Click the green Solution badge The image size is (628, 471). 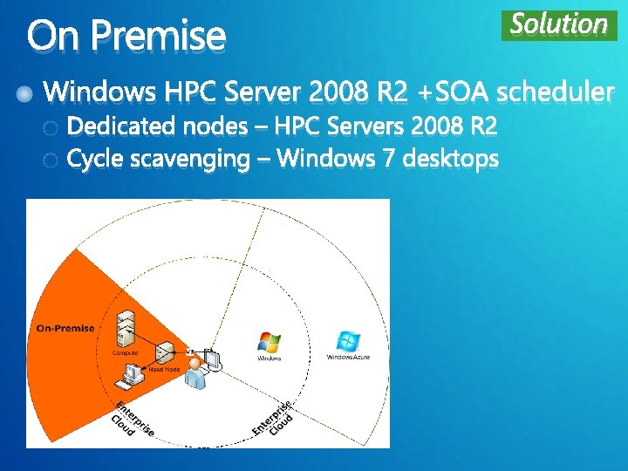[x=559, y=24]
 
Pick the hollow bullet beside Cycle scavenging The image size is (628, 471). [x=51, y=160]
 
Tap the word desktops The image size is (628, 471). [x=454, y=160]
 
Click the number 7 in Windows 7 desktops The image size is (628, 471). [x=389, y=160]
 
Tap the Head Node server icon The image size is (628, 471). [x=164, y=353]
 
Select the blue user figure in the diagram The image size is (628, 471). [x=200, y=371]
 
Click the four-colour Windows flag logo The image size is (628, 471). [x=269, y=342]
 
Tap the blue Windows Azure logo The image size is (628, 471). [x=348, y=341]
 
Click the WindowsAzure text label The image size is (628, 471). [x=348, y=358]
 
